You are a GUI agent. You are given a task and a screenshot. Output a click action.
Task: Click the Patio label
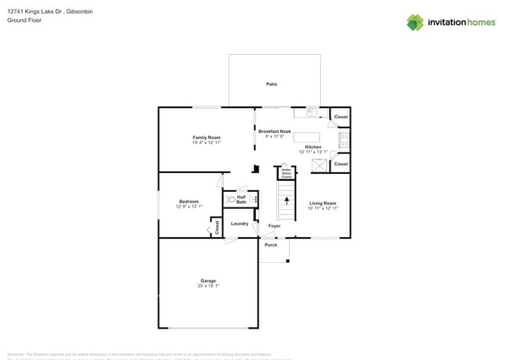(271, 84)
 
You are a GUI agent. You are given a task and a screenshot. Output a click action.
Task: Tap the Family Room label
(207, 138)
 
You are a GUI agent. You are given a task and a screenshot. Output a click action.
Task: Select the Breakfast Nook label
(274, 131)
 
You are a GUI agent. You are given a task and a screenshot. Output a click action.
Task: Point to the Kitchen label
(312, 147)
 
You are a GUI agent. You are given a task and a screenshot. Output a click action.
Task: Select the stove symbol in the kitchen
(343, 140)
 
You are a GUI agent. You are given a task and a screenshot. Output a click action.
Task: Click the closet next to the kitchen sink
(341, 117)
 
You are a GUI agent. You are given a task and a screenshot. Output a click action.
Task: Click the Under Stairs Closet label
(287, 174)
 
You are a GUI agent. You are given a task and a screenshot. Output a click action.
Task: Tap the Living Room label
(322, 203)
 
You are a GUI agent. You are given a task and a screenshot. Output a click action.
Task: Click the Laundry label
(240, 224)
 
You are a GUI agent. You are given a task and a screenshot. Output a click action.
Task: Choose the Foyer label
(274, 226)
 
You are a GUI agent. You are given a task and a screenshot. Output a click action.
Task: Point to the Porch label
(271, 245)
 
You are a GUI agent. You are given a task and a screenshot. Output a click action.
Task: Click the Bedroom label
(189, 201)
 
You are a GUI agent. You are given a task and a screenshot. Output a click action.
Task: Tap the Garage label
(208, 281)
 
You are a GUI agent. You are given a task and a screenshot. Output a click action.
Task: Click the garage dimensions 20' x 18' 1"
(208, 286)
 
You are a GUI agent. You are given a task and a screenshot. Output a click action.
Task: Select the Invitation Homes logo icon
(414, 22)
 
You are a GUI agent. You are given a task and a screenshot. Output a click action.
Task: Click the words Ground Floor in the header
(23, 20)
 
